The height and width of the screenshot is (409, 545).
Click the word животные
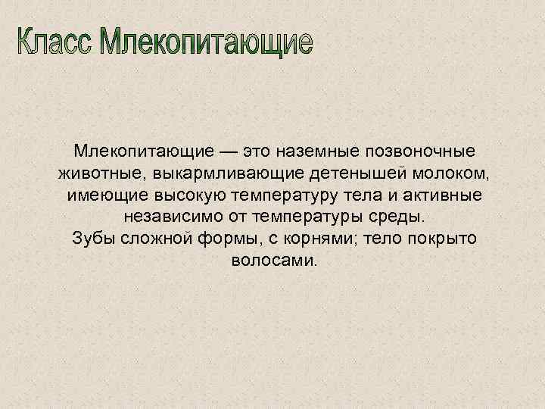103,173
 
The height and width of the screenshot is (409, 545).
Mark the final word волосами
272,261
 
